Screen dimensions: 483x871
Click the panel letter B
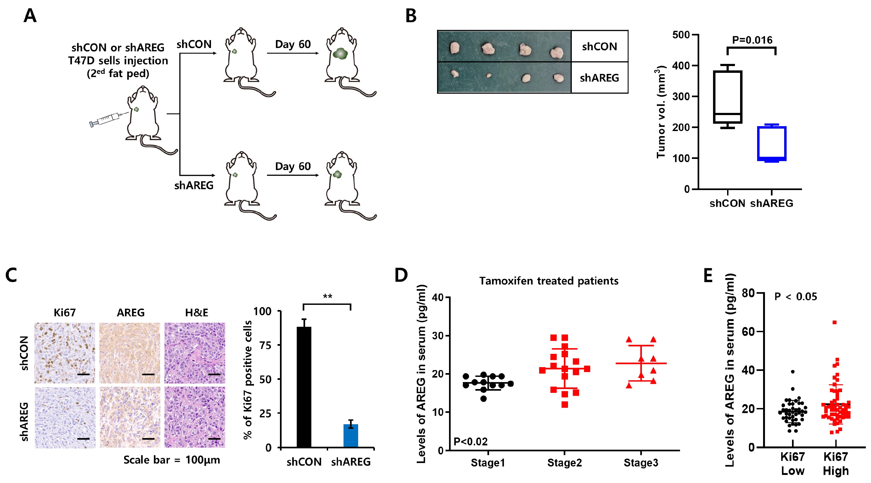(x=411, y=16)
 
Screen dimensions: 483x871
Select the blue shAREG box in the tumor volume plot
(x=771, y=143)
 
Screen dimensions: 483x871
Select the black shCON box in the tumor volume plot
(x=728, y=97)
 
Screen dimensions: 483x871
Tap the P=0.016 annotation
(x=752, y=40)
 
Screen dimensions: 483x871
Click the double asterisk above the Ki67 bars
(x=327, y=297)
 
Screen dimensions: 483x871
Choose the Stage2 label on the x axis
(x=564, y=463)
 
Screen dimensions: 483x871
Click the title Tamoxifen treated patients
(x=549, y=281)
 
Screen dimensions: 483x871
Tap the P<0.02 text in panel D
(x=470, y=441)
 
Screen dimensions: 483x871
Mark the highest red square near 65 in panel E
(x=834, y=322)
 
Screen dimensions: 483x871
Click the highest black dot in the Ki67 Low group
(x=793, y=372)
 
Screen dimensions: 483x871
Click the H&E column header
(x=196, y=312)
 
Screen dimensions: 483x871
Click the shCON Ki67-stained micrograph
(x=65, y=353)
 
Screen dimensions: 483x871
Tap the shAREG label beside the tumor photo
(x=599, y=78)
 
